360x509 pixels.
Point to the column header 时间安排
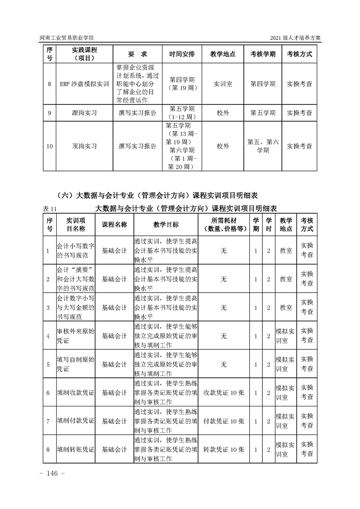click(182, 54)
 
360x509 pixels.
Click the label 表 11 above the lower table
click(49, 208)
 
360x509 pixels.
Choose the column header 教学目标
click(166, 225)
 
